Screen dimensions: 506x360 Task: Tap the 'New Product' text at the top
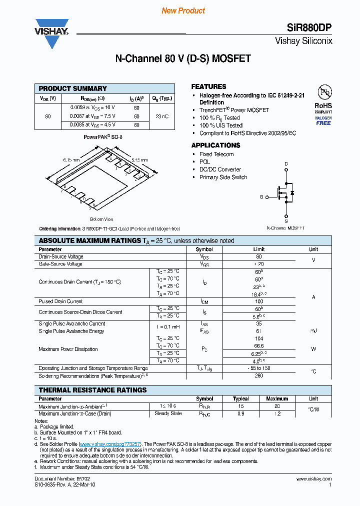coord(183,10)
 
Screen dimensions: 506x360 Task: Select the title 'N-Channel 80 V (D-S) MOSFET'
coord(183,59)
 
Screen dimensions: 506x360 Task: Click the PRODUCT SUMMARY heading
coord(73,88)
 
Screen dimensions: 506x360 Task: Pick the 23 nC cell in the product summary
coord(162,116)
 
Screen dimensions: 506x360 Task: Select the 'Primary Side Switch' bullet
coord(223,177)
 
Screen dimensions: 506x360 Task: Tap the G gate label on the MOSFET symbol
coord(261,197)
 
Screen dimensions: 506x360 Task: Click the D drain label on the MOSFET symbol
coord(286,163)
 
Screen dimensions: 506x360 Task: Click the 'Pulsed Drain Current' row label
coord(60,301)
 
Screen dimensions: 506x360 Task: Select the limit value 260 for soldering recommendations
coord(259,375)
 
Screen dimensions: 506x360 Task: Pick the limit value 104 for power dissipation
coord(259,338)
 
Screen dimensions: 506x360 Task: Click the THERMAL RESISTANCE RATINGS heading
coord(92,390)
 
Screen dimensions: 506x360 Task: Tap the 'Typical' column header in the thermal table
coord(240,399)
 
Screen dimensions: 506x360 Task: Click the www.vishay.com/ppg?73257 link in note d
coord(110,444)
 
